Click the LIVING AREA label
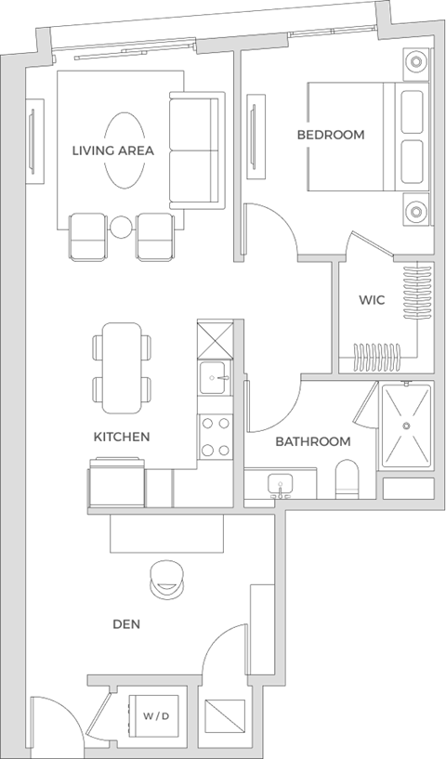pos(113,150)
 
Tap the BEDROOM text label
pos(331,135)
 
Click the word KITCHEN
pos(122,436)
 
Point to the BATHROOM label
pos(312,441)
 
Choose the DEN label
pos(126,624)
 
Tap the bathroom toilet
pos(346,479)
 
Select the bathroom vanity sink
pos(279,484)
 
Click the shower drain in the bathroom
pos(406,425)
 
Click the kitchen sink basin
pos(216,376)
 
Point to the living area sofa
pos(195,150)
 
